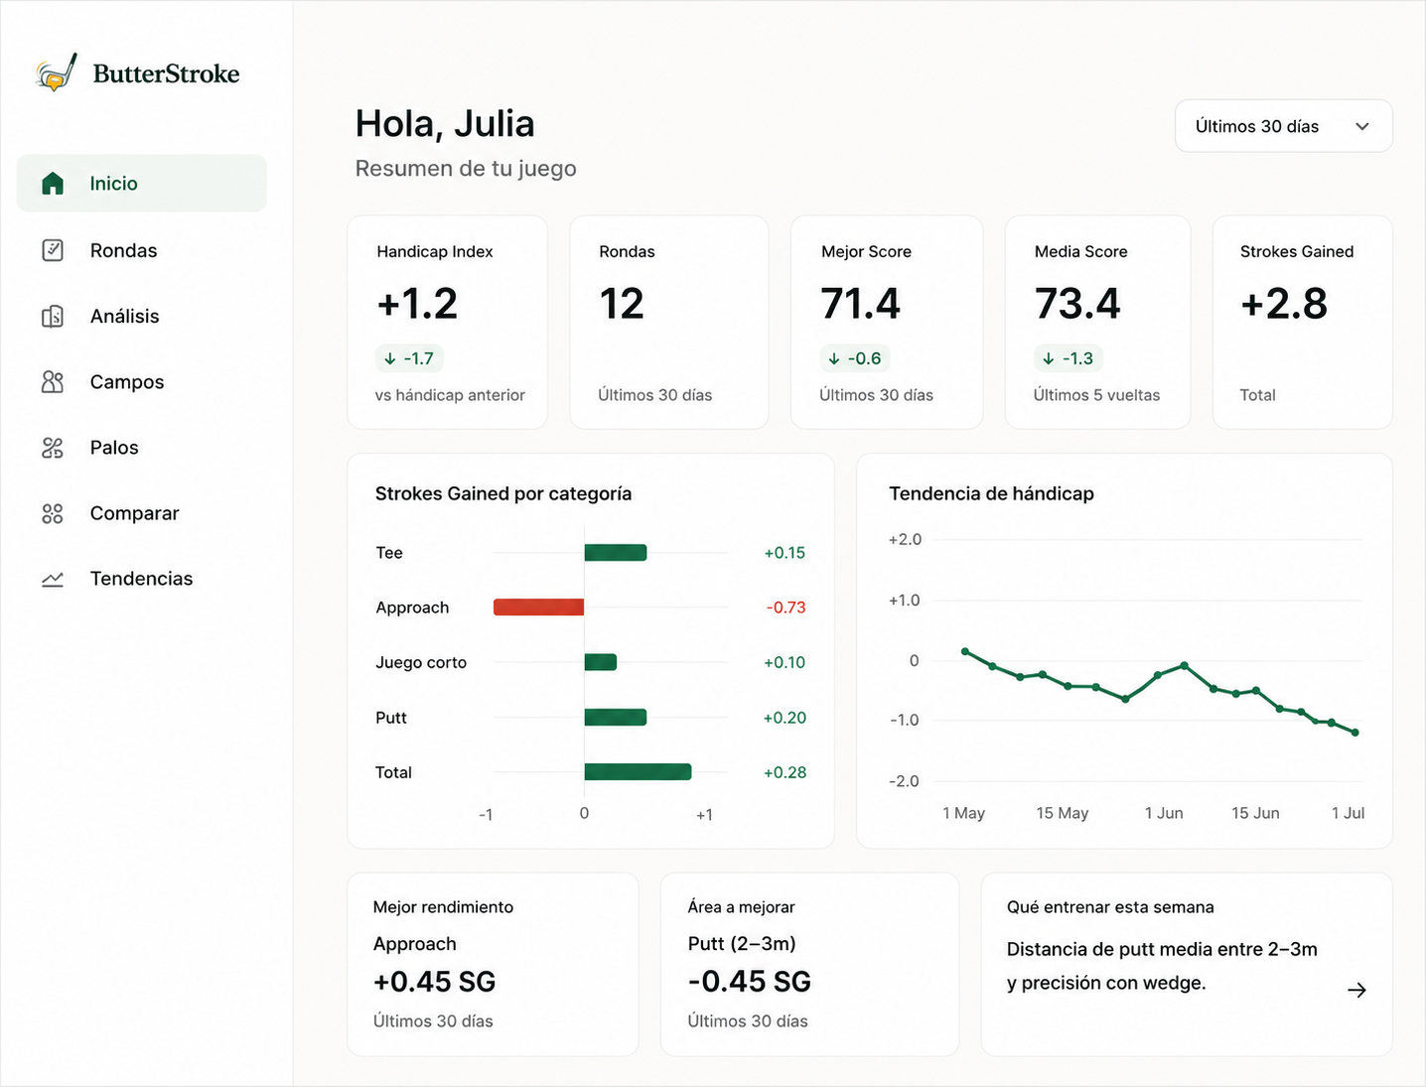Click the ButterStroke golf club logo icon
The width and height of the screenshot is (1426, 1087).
coord(57,72)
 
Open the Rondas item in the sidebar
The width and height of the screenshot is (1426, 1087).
coord(123,250)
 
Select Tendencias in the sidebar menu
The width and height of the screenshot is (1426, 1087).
coord(142,579)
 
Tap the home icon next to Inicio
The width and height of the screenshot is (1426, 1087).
coord(53,183)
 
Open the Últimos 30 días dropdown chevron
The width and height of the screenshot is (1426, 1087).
coord(1362,127)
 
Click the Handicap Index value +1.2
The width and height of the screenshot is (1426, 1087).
coord(418,303)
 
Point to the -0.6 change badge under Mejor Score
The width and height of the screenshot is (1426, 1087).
coord(854,358)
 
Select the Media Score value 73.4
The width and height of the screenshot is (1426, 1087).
coord(1077,303)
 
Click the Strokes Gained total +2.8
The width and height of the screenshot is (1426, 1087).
coord(1284,303)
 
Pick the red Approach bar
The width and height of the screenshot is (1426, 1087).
coord(538,608)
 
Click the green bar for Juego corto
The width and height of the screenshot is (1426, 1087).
coord(600,662)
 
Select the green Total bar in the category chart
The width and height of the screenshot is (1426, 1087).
coord(638,772)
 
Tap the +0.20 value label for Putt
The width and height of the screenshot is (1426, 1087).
coord(784,718)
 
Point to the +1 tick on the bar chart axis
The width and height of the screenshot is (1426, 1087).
coord(704,815)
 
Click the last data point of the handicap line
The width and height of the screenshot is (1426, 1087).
coord(1355,733)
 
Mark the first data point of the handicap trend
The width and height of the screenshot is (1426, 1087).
coord(965,651)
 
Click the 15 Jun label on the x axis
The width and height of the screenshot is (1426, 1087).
coord(1255,813)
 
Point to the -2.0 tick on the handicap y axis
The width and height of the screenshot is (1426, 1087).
coord(905,780)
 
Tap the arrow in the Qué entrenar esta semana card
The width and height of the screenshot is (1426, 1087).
coord(1356,990)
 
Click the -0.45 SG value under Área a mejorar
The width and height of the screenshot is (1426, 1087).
coord(749,981)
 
